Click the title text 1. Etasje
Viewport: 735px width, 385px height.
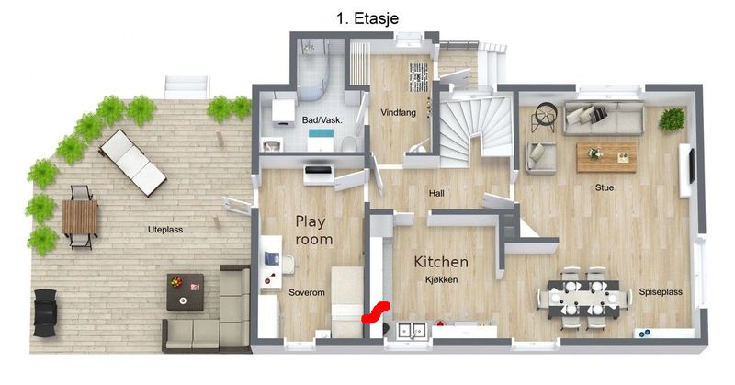(367, 18)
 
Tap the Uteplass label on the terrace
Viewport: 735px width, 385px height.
(165, 230)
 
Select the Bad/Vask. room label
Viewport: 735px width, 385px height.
(322, 120)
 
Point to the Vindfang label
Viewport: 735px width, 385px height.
(398, 112)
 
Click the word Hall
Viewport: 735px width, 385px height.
(436, 193)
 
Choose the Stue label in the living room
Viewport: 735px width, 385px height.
(605, 187)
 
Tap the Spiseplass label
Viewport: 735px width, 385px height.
(661, 291)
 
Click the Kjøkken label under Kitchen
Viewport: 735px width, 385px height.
(441, 280)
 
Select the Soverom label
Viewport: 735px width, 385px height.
(307, 292)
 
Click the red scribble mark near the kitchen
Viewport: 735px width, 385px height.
(376, 312)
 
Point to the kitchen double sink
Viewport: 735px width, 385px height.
(412, 330)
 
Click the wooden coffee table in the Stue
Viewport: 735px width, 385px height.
(606, 157)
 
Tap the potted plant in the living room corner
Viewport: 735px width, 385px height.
(672, 119)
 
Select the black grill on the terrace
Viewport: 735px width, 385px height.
(45, 312)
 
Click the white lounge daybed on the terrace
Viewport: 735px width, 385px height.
(132, 163)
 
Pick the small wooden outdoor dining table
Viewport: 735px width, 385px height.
(80, 217)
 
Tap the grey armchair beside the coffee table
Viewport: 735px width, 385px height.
(540, 158)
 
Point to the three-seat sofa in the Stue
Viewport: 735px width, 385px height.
(604, 118)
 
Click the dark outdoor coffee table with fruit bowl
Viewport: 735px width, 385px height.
(186, 292)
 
